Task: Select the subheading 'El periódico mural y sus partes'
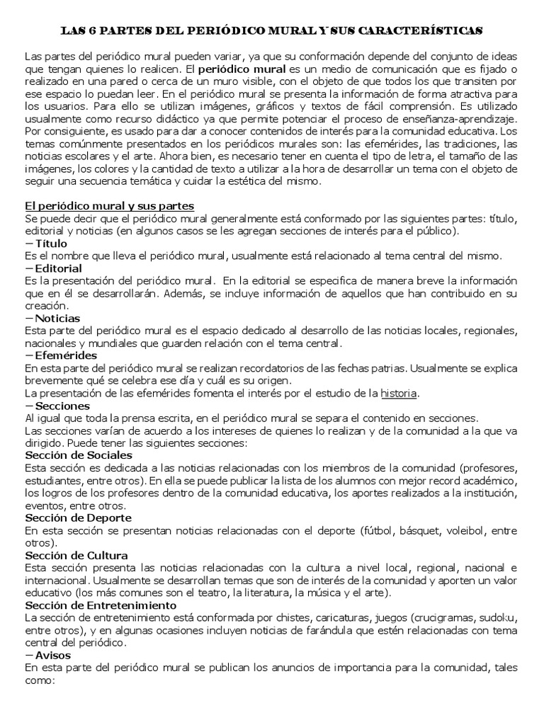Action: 110,206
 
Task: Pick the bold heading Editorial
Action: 59,268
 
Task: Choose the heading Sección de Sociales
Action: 80,455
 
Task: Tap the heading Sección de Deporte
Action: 79,518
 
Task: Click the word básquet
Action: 418,530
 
